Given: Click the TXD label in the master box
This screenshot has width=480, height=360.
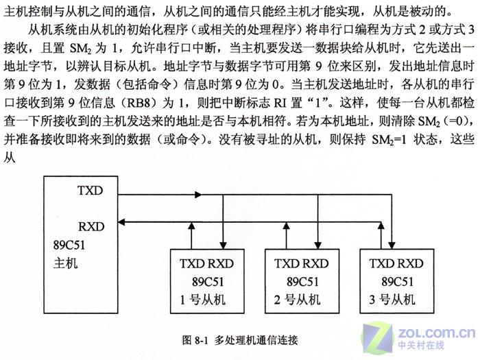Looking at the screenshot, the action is (x=90, y=191).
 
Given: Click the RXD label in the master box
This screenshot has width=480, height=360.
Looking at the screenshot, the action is (x=91, y=226).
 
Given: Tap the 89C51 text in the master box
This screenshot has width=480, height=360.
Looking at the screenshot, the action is (x=69, y=245).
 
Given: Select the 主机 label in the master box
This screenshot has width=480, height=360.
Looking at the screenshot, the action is (x=66, y=263).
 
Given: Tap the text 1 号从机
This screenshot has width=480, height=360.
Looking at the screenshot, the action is (x=203, y=300).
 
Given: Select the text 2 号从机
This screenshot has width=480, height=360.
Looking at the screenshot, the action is (x=297, y=300).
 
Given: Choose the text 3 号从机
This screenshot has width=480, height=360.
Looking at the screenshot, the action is (x=392, y=300).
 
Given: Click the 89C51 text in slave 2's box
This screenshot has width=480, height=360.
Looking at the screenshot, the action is (x=303, y=282).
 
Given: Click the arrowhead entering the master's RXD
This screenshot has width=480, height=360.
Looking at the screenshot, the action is (x=121, y=222).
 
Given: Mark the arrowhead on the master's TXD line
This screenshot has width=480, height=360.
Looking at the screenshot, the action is (x=198, y=194).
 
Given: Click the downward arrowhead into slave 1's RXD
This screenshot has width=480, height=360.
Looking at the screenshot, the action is (x=223, y=245).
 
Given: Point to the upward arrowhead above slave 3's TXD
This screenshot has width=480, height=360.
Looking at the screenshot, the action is (x=381, y=226).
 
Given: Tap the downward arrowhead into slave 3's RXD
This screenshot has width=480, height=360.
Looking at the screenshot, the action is (x=392, y=245).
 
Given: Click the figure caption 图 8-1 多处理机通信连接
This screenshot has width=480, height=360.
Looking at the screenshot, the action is (x=240, y=340).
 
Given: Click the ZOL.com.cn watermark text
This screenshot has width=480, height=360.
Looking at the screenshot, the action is (x=436, y=333).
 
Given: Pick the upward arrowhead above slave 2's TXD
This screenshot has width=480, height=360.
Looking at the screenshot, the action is (x=287, y=226).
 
